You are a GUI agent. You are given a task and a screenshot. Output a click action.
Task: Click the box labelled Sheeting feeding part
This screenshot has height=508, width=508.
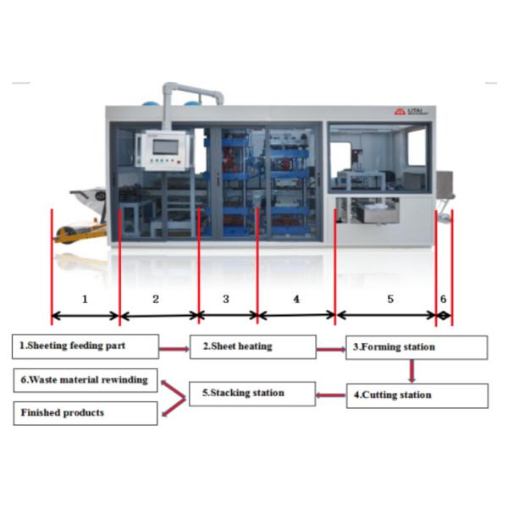(x=86, y=345)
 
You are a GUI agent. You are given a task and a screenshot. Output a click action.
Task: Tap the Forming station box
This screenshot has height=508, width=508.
(x=417, y=347)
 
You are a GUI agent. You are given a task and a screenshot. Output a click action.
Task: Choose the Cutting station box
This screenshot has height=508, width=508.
(x=417, y=395)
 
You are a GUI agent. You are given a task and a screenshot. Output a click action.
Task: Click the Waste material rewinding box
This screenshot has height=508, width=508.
(x=86, y=379)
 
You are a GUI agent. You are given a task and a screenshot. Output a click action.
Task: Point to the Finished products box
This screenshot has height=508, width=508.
(x=86, y=413)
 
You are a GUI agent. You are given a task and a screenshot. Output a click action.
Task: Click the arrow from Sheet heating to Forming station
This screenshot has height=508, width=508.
(x=329, y=348)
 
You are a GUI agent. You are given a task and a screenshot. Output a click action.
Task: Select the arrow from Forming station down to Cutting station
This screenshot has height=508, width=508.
(x=411, y=371)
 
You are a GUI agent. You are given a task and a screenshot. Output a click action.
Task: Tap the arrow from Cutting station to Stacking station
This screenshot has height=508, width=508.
(x=329, y=395)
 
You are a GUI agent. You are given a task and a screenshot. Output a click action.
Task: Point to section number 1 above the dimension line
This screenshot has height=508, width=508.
(x=84, y=299)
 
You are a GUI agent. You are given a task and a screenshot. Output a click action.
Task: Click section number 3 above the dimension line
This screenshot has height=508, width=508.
(x=226, y=299)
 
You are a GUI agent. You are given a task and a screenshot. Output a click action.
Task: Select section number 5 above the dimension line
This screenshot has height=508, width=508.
(x=390, y=299)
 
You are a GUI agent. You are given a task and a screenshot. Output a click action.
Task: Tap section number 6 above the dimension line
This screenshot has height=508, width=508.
(x=442, y=299)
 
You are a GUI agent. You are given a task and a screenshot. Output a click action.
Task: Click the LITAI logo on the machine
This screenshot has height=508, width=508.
(x=410, y=111)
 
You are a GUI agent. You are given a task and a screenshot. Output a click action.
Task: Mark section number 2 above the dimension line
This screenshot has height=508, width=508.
(x=156, y=299)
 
